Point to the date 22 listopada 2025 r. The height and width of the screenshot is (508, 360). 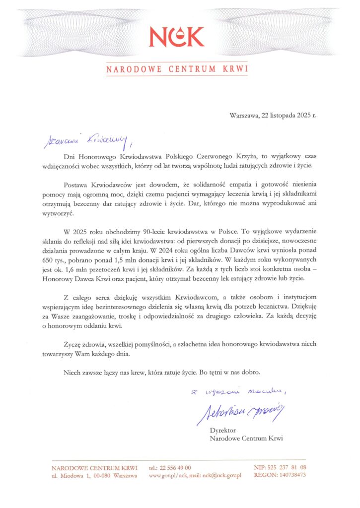(288, 115)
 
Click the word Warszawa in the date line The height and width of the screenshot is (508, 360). (244, 115)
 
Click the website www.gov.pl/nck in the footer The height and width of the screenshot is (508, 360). (166, 475)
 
